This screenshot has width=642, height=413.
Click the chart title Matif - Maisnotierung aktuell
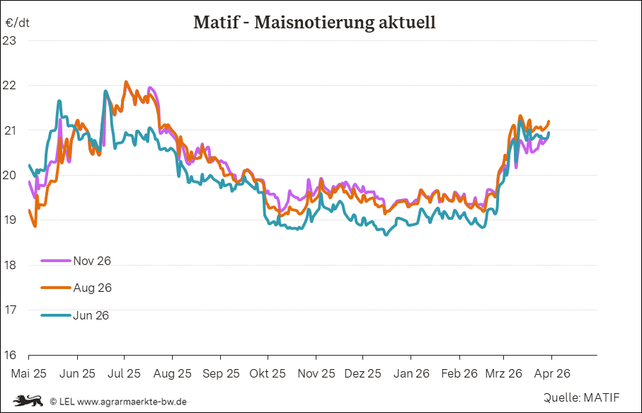pos(314,23)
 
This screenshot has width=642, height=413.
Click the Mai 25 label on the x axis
pos(28,373)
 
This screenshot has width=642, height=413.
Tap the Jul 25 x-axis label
pos(124,373)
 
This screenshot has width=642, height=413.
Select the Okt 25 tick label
pos(267,373)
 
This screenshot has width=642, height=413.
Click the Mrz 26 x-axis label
pos(503,373)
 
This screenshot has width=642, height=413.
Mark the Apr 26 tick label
pos(551,373)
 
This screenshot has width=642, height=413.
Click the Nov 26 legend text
pos(92,261)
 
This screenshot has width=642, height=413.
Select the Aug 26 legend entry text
pos(92,288)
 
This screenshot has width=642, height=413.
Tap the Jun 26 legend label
pos(91,315)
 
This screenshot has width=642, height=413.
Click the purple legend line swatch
pos(56,261)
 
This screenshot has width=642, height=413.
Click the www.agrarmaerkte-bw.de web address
pos(132,401)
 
